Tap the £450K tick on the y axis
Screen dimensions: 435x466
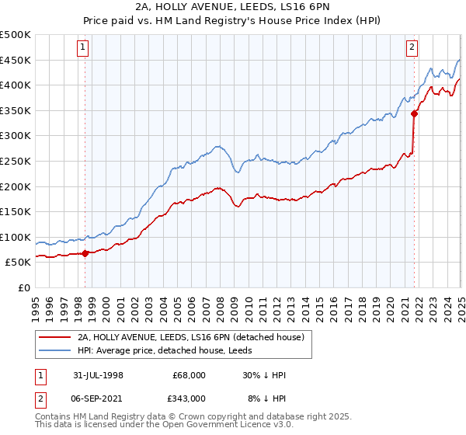(x=16, y=61)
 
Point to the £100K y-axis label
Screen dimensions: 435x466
(x=16, y=238)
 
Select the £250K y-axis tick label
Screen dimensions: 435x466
(x=16, y=162)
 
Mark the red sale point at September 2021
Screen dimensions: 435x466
(x=414, y=113)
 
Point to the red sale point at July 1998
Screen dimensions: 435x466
(x=85, y=252)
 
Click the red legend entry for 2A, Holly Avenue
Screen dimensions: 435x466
(x=194, y=337)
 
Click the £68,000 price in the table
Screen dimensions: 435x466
(x=190, y=375)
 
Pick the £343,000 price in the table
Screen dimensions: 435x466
(x=190, y=398)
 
